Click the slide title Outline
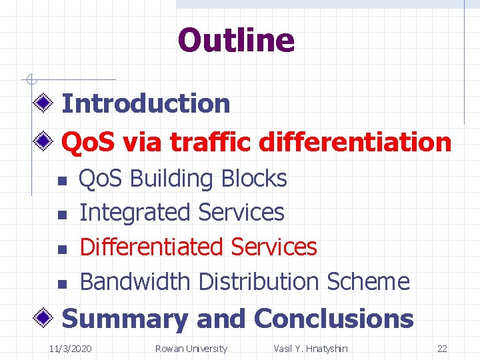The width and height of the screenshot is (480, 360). pos(236,40)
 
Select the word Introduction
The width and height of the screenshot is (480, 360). pos(145,103)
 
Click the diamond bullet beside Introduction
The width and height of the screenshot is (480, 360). pos(45,103)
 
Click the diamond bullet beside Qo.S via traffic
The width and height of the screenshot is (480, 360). pos(45,141)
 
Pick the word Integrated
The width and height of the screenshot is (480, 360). pos(135,213)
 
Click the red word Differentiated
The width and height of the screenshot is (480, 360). pos(152,247)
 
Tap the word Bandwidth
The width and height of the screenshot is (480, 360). pos(135,281)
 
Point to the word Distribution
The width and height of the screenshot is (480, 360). pos(259,281)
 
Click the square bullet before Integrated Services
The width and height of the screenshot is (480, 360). pos(59,215)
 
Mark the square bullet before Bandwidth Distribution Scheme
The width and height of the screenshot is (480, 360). pos(59,283)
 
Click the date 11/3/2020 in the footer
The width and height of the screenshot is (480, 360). pos(71,349)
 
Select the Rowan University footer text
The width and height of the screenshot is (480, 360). pos(191,349)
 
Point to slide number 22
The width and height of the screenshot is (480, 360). pos(442,349)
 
